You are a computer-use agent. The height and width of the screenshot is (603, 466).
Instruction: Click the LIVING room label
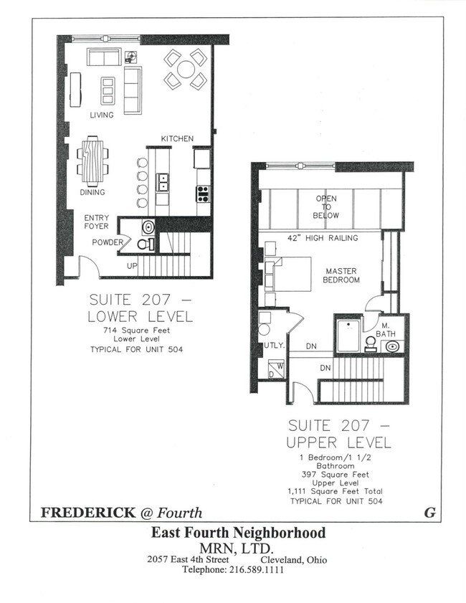(101, 115)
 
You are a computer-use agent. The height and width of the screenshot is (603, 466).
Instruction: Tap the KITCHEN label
(177, 138)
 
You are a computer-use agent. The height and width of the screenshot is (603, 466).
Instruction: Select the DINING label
(92, 192)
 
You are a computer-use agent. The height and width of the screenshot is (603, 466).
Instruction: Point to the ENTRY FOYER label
(97, 222)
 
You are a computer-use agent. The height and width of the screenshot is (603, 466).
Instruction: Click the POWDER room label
(108, 242)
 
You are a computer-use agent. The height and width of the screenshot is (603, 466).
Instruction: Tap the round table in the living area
(186, 69)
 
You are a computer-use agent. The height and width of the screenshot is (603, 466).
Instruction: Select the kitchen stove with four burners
(203, 192)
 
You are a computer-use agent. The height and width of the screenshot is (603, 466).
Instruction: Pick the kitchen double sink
(163, 181)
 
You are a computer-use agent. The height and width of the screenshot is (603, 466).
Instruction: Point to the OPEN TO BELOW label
(325, 206)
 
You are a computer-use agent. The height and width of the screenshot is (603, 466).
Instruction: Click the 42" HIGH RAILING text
(323, 237)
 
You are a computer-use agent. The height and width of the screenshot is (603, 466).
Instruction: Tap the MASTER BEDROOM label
(341, 275)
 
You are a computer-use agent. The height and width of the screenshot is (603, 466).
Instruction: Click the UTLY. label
(274, 346)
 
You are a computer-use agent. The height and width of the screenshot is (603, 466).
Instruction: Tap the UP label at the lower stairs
(131, 266)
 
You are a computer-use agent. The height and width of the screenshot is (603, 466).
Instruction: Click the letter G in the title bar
(430, 513)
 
